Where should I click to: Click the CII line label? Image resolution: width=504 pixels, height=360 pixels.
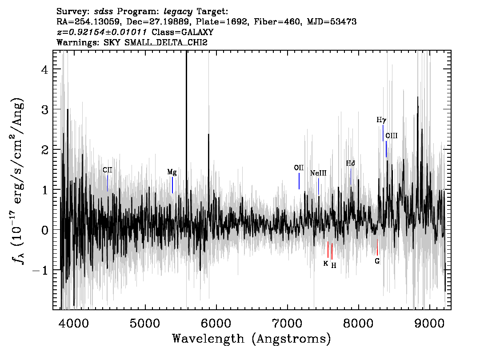[x=108, y=170]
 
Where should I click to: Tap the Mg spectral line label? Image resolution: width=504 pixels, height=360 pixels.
[x=172, y=172]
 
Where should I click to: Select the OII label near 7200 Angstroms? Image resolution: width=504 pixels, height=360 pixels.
[x=299, y=168]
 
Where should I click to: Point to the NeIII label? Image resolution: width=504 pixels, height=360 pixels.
[x=318, y=173]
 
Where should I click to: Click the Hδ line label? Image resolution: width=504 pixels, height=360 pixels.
[x=351, y=163]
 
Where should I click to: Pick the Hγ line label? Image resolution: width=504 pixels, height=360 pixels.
[x=381, y=120]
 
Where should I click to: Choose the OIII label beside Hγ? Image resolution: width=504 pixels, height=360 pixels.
[x=392, y=136]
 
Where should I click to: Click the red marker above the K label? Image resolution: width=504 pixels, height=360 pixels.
[x=328, y=249]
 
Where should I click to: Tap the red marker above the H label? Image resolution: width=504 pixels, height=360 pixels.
[x=332, y=252]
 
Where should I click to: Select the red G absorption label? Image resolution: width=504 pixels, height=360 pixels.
[x=377, y=261]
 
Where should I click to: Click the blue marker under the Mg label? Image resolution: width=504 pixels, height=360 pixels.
[x=172, y=185]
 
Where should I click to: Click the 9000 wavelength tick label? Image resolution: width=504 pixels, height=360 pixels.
[x=429, y=324]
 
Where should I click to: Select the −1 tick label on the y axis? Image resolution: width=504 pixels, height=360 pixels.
[x=40, y=270]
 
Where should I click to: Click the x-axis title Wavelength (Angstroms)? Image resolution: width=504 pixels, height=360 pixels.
[x=252, y=339]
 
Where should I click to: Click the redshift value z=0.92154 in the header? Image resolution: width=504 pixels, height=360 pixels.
[x=102, y=32]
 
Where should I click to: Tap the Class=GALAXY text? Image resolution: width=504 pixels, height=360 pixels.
[x=183, y=32]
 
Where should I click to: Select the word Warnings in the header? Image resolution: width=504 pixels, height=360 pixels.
[x=78, y=42]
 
